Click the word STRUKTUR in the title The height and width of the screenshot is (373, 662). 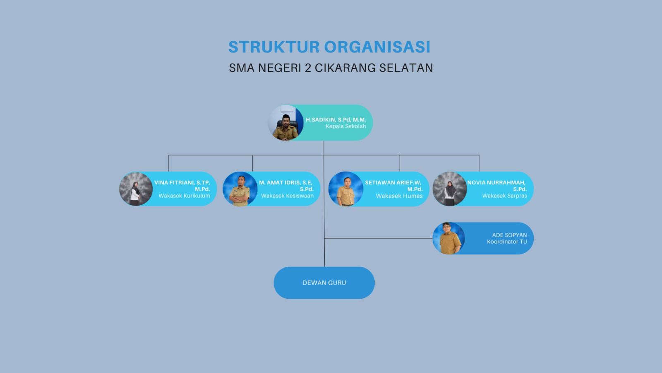pos(274,47)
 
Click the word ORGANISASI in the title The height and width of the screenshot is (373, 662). pos(377,47)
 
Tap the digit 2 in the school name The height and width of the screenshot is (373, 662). pos(308,68)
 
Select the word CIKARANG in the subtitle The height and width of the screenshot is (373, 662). pos(345,68)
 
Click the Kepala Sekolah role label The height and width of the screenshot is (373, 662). pos(346,126)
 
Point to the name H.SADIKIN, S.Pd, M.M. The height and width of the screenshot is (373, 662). pos(336,120)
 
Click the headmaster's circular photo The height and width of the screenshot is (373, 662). pos(285,123)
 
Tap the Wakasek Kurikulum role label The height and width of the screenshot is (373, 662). pos(184,196)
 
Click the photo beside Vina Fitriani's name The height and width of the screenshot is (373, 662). pos(136,189)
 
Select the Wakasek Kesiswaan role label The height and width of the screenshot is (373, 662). pos(287,196)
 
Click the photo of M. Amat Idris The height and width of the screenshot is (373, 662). pos(240,189)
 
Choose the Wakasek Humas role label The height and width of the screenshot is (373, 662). pos(399,196)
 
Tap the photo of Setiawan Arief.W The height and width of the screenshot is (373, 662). pos(346,189)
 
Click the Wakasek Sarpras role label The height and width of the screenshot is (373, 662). pos(504,196)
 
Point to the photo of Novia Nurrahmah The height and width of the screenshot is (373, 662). pos(449,189)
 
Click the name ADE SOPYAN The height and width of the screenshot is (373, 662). pos(509,235)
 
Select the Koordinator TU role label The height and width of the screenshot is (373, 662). pos(507,242)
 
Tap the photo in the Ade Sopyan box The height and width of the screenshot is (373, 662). pos(449,238)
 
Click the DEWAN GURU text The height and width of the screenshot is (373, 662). pos(324,283)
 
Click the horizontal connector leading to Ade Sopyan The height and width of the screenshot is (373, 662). pos(379,238)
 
